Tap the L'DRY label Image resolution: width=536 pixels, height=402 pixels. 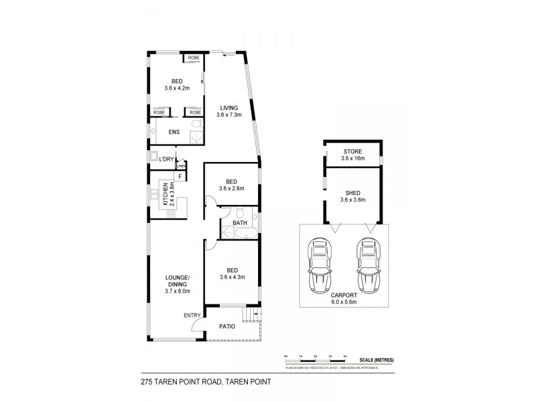click(x=166, y=159)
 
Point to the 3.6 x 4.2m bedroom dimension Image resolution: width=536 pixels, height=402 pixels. click(x=177, y=88)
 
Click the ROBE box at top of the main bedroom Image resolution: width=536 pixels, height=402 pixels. click(x=194, y=58)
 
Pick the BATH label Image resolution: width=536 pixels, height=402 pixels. click(x=239, y=223)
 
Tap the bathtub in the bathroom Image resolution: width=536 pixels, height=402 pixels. click(x=238, y=234)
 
